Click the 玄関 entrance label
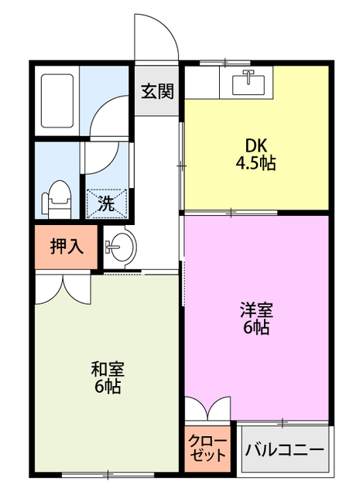click(157, 91)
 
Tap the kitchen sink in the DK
click(248, 83)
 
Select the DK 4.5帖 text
click(256, 155)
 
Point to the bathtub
click(57, 101)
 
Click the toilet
click(57, 199)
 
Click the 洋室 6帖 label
click(256, 318)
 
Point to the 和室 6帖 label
click(108, 377)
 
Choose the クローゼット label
click(207, 449)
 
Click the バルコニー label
click(285, 449)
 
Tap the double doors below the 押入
click(63, 289)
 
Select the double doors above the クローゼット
click(208, 408)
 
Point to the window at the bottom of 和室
click(108, 474)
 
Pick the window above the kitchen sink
click(225, 62)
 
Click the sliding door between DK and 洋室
click(231, 213)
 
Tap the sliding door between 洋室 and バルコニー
click(283, 422)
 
